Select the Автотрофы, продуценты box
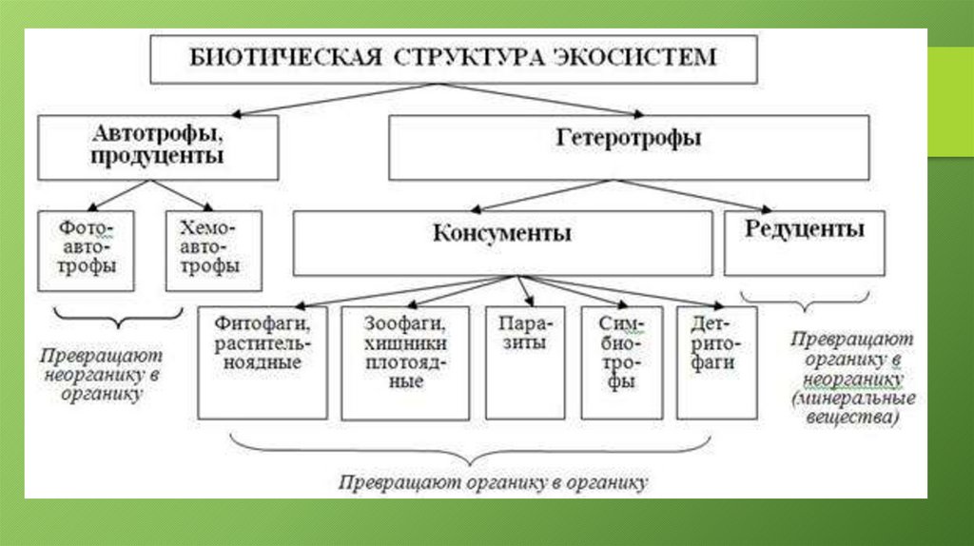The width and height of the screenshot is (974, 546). click(158, 147)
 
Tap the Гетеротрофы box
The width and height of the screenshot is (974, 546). click(629, 147)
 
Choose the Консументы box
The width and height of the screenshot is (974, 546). click(502, 243)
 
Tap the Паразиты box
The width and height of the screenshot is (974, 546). click(525, 361)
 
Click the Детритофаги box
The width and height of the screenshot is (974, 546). click(717, 361)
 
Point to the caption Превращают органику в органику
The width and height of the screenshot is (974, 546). click(493, 482)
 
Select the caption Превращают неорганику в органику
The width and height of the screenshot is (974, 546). click(101, 373)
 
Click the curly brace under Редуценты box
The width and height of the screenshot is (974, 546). click(805, 302)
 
